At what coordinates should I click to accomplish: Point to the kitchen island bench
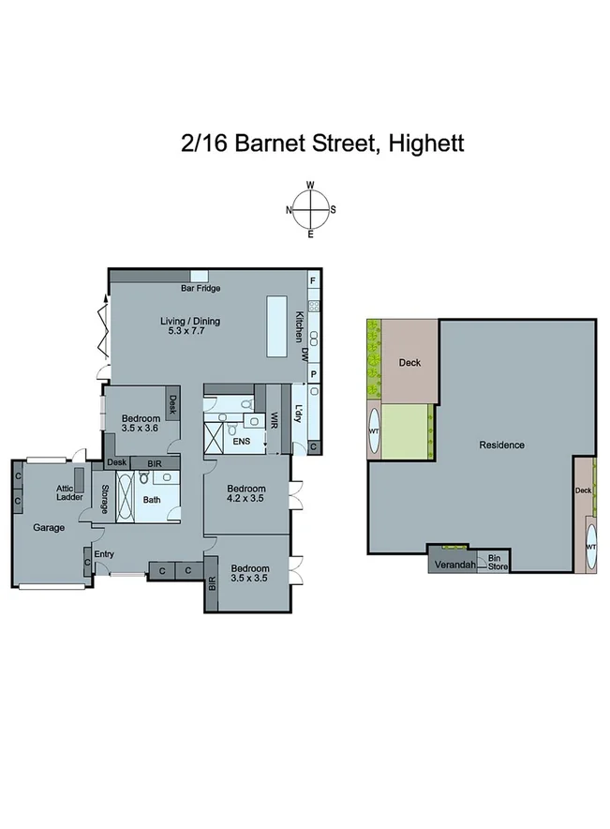(276, 326)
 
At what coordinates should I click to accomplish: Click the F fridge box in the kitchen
(313, 281)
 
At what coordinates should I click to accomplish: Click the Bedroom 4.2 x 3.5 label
(246, 494)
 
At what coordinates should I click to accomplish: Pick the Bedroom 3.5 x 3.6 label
(134, 422)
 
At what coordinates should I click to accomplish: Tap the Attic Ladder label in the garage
(66, 493)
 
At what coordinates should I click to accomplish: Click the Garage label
(49, 528)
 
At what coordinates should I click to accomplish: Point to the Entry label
(104, 554)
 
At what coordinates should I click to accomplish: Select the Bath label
(152, 500)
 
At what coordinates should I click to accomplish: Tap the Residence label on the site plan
(501, 445)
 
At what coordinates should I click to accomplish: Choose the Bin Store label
(492, 562)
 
